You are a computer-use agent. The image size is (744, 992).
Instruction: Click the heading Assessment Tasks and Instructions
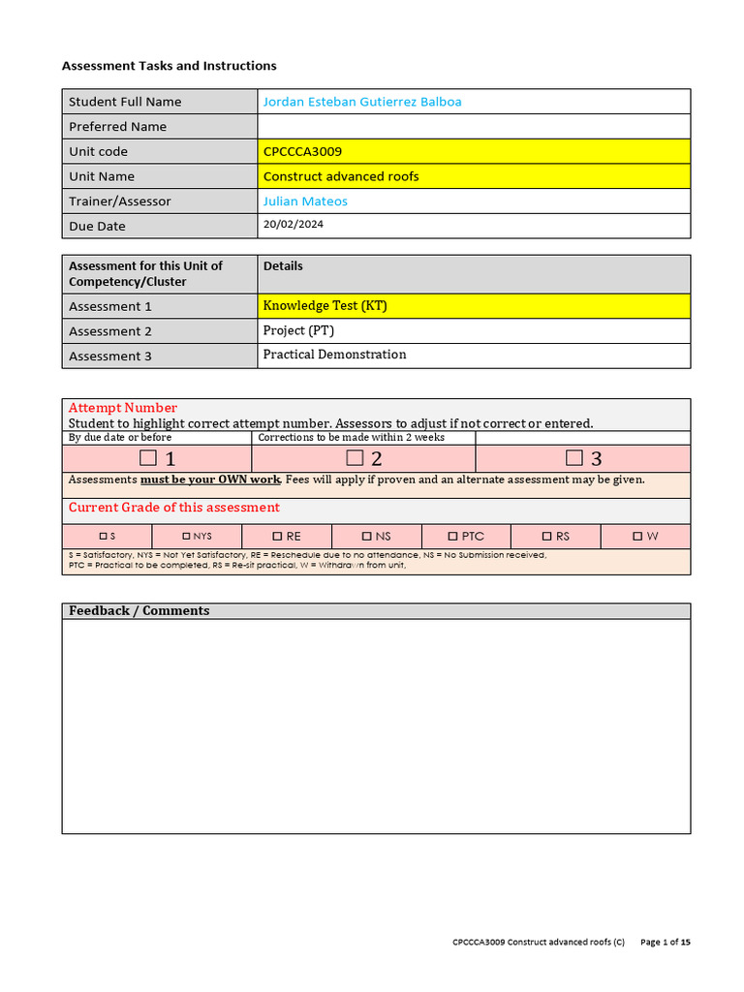click(169, 66)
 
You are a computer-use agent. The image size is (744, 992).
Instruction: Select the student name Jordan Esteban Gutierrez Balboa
click(362, 102)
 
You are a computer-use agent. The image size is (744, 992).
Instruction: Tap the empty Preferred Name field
click(473, 127)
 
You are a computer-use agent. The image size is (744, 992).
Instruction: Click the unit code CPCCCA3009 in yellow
click(302, 152)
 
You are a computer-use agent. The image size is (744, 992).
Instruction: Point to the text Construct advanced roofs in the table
click(341, 176)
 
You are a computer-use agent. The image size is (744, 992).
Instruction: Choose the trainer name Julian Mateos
click(305, 201)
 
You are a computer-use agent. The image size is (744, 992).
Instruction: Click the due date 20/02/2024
click(294, 225)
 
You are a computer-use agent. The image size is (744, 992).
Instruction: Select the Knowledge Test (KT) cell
click(325, 306)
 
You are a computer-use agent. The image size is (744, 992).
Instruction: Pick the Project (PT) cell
click(298, 330)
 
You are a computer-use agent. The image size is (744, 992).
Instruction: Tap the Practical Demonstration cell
click(334, 355)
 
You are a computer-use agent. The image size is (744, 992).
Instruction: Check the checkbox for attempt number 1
click(148, 458)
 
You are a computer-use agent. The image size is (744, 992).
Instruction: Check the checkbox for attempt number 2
click(355, 458)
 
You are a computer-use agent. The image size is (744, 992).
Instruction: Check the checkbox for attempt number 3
click(574, 458)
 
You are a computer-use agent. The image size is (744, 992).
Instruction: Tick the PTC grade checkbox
click(453, 536)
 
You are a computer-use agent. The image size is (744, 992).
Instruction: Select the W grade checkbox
click(637, 536)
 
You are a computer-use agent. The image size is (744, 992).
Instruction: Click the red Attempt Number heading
click(123, 408)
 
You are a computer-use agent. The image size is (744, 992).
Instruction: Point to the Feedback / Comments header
click(139, 610)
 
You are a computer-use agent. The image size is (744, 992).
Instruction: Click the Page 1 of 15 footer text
click(666, 942)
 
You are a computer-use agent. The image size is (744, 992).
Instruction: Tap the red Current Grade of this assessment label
click(173, 508)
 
